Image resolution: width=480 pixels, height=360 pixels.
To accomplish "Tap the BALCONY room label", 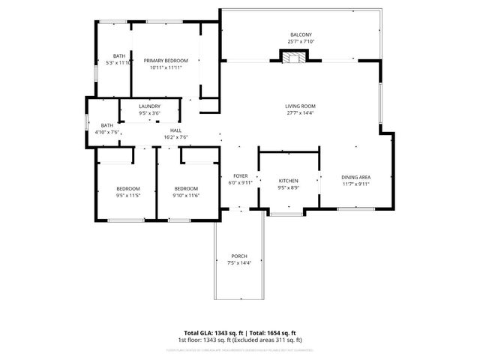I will (x=301, y=35).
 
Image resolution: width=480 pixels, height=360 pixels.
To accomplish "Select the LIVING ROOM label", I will (x=300, y=106).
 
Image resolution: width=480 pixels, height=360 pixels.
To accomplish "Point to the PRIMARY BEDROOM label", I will (x=166, y=61).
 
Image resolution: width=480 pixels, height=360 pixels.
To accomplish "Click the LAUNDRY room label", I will (x=149, y=106).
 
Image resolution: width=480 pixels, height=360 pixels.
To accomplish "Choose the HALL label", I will (x=176, y=130).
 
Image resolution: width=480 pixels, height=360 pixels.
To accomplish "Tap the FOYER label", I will (x=241, y=175).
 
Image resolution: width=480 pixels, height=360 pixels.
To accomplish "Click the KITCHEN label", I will (x=289, y=181).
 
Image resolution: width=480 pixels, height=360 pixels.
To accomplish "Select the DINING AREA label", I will (x=355, y=176).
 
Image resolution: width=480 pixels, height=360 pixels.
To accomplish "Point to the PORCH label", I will (x=239, y=256).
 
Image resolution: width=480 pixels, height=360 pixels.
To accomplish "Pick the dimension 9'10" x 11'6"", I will (x=185, y=195).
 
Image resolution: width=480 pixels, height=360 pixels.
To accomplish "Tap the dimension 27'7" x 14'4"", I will (x=300, y=113).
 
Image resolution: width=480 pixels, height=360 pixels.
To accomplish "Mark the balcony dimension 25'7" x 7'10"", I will (x=301, y=42).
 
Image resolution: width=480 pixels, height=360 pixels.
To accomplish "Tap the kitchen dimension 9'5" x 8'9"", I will (x=289, y=187).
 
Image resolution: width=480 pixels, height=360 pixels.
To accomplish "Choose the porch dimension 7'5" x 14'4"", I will (x=239, y=263).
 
